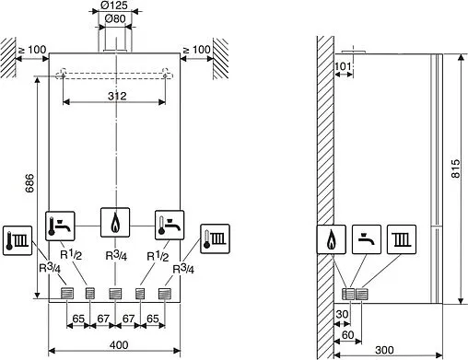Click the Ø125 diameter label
pos(114,6)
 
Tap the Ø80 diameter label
pos(115,18)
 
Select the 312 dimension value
pos(117,97)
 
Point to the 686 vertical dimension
pos(29,183)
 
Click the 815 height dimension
pos(456,168)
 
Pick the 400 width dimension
pos(119,345)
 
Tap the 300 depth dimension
pos(384,350)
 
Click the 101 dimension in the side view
pos(343,66)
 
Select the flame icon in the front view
pos(115,223)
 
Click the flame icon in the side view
pos(331,239)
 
